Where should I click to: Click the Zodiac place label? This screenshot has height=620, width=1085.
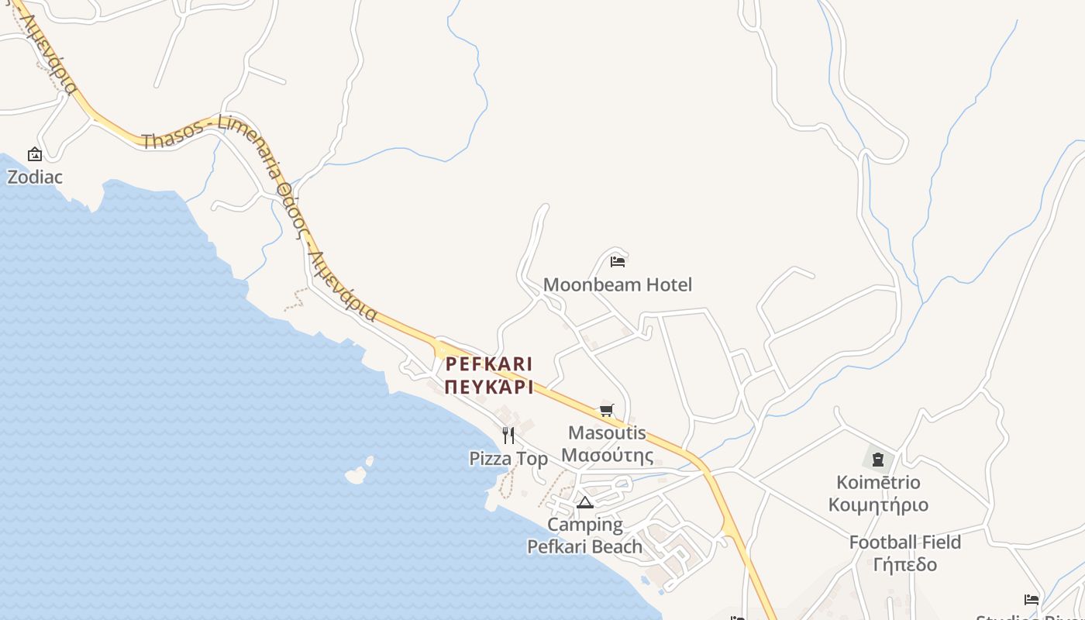[35, 177]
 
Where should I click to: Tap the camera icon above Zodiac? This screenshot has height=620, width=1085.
[34, 155]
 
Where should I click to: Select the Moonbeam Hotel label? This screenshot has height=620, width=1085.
[617, 284]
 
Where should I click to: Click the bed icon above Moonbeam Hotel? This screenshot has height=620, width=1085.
[618, 261]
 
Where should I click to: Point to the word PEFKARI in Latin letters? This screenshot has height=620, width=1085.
[489, 363]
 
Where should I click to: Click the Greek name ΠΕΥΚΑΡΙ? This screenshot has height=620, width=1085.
[489, 387]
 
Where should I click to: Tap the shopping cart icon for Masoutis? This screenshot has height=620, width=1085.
[606, 410]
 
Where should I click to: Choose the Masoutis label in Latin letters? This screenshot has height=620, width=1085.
[607, 432]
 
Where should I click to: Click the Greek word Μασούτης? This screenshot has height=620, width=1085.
[607, 455]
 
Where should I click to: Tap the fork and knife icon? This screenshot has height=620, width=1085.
[508, 436]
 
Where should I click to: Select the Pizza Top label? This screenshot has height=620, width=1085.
[508, 459]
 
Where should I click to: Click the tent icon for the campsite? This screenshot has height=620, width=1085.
[585, 503]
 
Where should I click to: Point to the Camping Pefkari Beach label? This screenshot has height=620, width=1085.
[585, 536]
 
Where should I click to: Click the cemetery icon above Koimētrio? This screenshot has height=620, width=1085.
[878, 460]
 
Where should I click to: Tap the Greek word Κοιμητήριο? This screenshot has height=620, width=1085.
[878, 505]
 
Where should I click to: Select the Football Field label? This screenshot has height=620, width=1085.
[904, 542]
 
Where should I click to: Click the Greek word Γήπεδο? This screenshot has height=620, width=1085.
[904, 564]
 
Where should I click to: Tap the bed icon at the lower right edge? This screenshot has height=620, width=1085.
[1032, 600]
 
